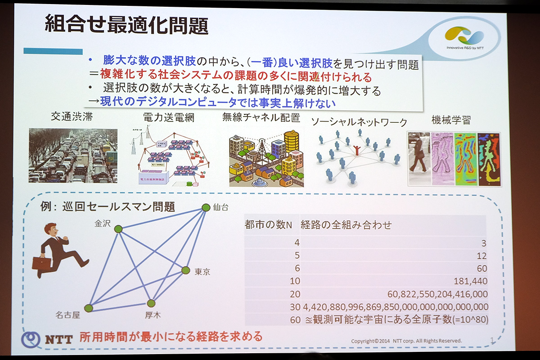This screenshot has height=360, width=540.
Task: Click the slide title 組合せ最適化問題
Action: click(126, 26)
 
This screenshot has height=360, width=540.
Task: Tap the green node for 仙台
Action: click(206, 207)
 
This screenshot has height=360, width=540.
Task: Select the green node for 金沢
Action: click(118, 229)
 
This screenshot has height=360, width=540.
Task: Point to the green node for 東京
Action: click(185, 270)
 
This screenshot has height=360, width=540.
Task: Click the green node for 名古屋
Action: click(89, 308)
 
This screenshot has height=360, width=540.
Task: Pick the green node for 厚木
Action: click(151, 303)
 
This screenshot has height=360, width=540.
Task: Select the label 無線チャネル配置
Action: click(261, 118)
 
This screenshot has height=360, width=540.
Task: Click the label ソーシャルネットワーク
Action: click(359, 122)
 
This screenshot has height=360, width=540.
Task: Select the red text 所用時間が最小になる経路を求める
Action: click(171, 336)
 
